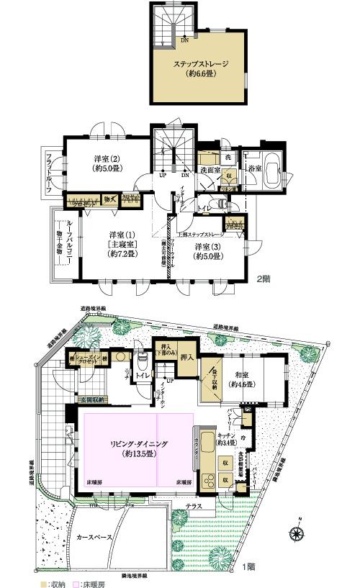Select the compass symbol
297,533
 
